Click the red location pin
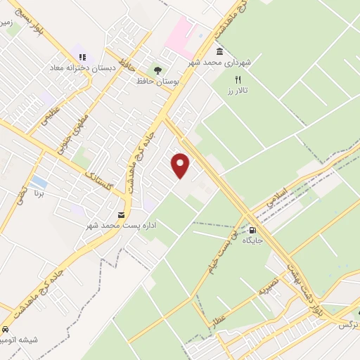181,165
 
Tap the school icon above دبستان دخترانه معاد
82,57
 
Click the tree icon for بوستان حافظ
157,70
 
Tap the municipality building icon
220,52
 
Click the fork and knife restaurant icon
238,79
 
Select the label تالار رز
240,91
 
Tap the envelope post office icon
122,214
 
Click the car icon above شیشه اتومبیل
6,329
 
